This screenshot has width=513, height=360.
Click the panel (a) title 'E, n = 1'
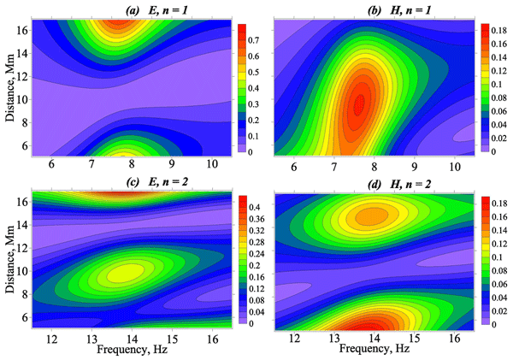point(168,10)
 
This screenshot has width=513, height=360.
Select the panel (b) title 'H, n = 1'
point(410,10)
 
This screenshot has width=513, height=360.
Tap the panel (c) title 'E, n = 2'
point(168,181)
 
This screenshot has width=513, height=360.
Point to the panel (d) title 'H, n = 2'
point(410,184)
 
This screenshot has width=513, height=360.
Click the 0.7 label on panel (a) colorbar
point(253,40)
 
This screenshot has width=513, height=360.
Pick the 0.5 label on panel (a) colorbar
point(253,73)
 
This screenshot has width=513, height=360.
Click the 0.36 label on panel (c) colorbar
point(256,219)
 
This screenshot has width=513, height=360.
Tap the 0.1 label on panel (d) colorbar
point(497,257)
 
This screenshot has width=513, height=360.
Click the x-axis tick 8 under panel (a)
point(132,164)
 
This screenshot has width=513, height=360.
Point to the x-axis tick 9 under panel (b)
point(414,167)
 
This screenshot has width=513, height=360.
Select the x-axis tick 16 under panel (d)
point(455,339)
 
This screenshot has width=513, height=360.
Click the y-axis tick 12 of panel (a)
point(23,77)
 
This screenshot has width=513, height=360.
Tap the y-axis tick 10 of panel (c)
point(23,271)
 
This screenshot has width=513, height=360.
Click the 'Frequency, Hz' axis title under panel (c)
point(132,350)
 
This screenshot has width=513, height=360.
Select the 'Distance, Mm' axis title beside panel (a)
point(10,88)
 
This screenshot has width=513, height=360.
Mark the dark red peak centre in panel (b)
point(359,104)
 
